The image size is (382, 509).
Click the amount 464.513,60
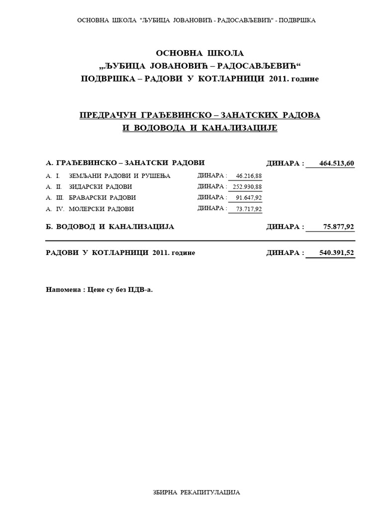pos(336,164)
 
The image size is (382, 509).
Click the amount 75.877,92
pos(338,227)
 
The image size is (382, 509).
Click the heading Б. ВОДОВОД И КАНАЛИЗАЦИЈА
pos(110,227)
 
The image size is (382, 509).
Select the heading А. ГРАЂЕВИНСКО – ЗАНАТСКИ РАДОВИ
pos(125,163)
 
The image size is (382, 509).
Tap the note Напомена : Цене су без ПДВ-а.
pos(99,289)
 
